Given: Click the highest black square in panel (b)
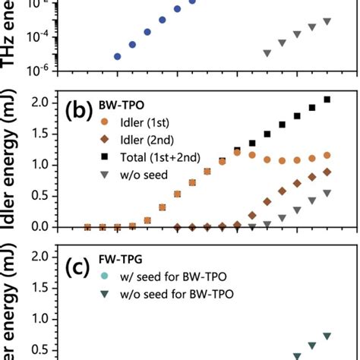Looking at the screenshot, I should (x=327, y=99).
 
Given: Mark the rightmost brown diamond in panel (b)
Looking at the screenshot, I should (x=327, y=172).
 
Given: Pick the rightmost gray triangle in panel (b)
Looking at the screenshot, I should (x=327, y=193).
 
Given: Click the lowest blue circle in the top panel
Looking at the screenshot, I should (x=117, y=56).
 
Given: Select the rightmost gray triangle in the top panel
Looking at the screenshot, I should (x=327, y=21).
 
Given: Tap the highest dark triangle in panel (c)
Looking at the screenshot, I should (x=327, y=336).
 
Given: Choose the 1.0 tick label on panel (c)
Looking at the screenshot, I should (x=46, y=318).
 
